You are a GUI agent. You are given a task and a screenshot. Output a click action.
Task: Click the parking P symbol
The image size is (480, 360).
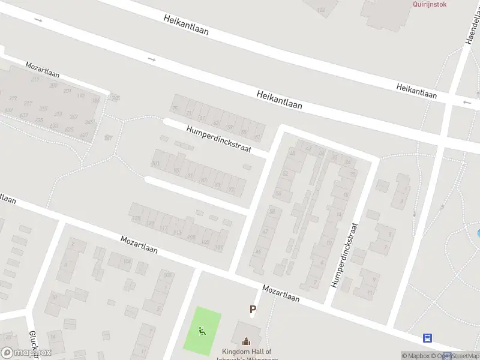point(253,310)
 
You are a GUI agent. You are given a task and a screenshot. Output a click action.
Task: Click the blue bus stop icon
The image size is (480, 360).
point(428,338)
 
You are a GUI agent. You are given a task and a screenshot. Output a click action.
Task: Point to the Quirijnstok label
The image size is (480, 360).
point(429,4)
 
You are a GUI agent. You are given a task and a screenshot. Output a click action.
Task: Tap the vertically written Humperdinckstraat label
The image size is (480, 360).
point(345,256)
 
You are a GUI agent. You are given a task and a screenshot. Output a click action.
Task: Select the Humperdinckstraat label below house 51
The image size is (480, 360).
point(218,139)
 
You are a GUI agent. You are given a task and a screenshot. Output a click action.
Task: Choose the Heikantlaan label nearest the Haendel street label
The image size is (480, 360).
point(416,91)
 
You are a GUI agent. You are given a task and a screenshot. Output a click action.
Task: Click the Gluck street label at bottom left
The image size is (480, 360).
point(33,344)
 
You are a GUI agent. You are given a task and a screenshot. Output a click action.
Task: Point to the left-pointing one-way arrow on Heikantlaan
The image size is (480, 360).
point(467,103)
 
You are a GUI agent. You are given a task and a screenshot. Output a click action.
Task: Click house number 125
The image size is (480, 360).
point(136,218)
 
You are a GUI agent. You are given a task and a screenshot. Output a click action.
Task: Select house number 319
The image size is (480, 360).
point(13,98)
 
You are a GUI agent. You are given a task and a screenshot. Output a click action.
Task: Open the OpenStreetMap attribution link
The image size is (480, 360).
point(458,356)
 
